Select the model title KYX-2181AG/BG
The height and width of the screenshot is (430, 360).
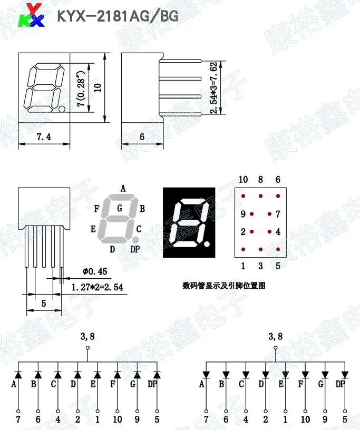pyautogui.click(x=118, y=16)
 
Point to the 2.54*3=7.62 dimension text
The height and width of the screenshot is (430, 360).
pyautogui.click(x=213, y=88)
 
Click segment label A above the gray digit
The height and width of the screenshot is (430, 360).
pyautogui.click(x=123, y=188)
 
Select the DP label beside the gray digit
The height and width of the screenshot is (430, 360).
pyautogui.click(x=135, y=249)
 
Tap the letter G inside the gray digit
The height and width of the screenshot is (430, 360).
pyautogui.click(x=120, y=208)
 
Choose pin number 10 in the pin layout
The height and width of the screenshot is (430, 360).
pyautogui.click(x=242, y=180)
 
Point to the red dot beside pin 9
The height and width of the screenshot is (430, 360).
pyautogui.click(x=252, y=214)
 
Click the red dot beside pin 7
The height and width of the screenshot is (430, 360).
pyautogui.click(x=269, y=214)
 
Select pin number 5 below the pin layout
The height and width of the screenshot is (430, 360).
pyautogui.click(x=278, y=266)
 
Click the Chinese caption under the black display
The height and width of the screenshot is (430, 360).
pyautogui.click(x=223, y=286)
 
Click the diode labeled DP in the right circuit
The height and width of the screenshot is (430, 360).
pyautogui.click(x=345, y=375)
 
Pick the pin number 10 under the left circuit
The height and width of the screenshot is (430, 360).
pyautogui.click(x=117, y=420)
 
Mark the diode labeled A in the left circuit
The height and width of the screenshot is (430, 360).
pyautogui.click(x=18, y=375)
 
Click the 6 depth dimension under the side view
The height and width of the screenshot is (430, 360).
pyautogui.click(x=142, y=137)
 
